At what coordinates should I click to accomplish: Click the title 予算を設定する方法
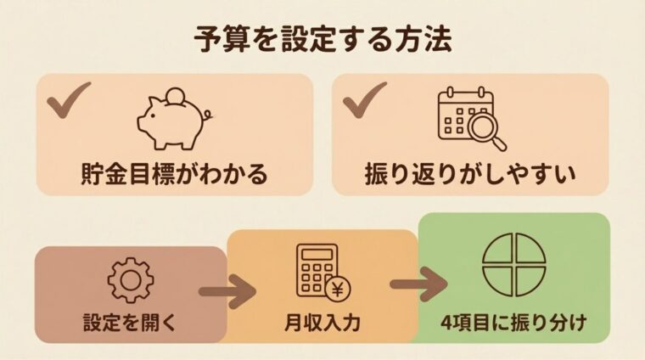(322, 39)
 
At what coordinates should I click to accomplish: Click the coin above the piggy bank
(177, 93)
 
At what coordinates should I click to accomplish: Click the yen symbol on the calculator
(339, 288)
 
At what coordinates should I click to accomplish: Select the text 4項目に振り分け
(513, 323)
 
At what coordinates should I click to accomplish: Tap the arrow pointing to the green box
(418, 283)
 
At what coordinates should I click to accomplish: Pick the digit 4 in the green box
(448, 323)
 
